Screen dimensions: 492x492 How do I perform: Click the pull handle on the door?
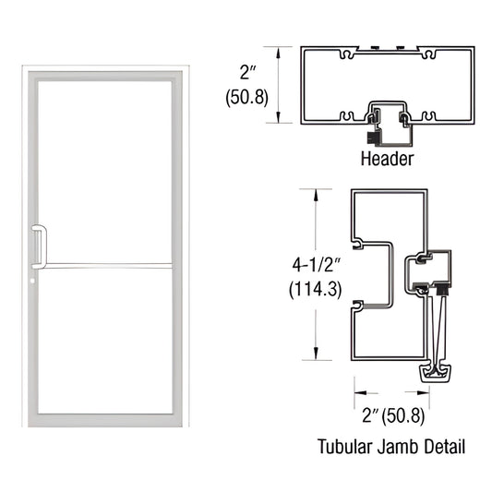pyautogui.click(x=38, y=244)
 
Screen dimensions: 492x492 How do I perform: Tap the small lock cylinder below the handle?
pyautogui.click(x=33, y=282)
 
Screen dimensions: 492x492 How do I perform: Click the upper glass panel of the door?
pyautogui.click(x=106, y=166)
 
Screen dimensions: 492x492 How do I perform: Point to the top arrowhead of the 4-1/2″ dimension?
pyautogui.click(x=318, y=192)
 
